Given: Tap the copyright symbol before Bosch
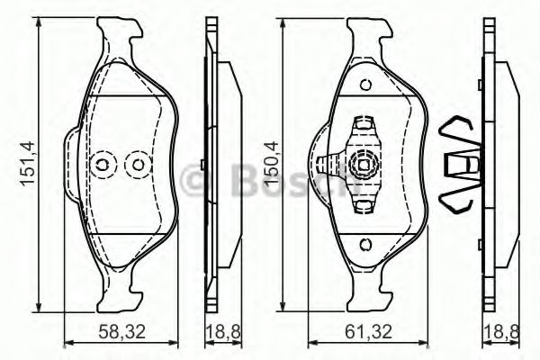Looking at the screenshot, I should (195, 181).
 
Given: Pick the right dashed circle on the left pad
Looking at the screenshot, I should (137, 165).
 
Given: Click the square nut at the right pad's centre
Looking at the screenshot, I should (364, 165).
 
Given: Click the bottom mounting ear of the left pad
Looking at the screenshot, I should (121, 292).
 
